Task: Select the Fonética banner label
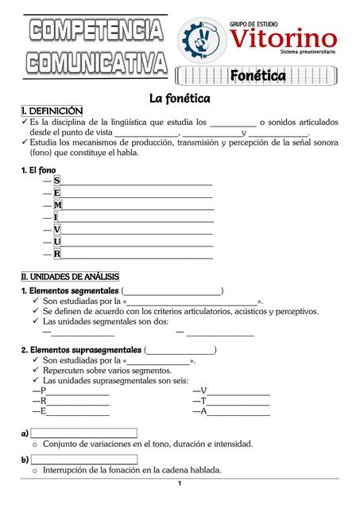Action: pos(257,76)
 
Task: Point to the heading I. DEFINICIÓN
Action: pos(51,111)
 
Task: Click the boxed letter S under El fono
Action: pos(57,181)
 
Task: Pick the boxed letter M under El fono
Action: pos(58,205)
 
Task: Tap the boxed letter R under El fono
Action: pos(57,254)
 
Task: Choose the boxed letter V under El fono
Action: pos(57,229)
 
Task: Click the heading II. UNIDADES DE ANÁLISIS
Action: pos(69,276)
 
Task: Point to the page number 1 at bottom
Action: pos(180,484)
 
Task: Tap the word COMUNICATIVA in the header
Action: pos(95,60)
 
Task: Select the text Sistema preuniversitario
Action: pos(308,51)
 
